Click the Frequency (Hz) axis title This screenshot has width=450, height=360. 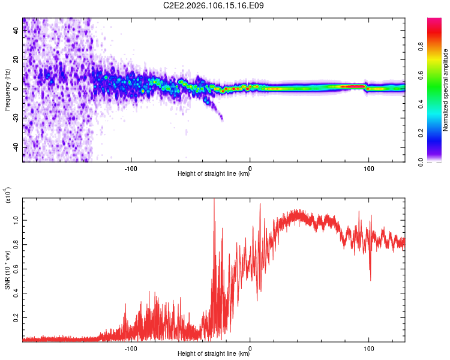[x=8, y=90]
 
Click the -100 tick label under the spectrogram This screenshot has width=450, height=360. [x=131, y=167]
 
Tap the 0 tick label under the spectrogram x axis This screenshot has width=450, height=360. [x=250, y=167]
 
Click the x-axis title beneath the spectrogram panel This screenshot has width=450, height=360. [x=214, y=174]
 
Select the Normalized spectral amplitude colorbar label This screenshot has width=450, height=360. [x=446, y=90]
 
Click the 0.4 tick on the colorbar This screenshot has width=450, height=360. [x=439, y=104]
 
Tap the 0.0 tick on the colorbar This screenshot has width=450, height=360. [x=439, y=161]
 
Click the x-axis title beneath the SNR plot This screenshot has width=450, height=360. [x=214, y=354]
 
